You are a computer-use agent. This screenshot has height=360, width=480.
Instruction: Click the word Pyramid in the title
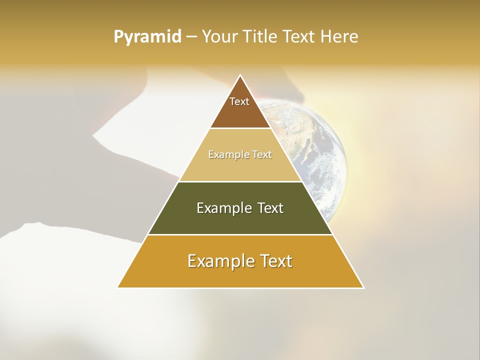pyautogui.click(x=147, y=37)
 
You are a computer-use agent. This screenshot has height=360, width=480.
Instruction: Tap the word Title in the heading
pyautogui.click(x=262, y=37)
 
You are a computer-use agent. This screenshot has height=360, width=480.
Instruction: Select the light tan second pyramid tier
pyautogui.click(x=240, y=167)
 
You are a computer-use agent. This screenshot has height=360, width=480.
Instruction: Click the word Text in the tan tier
pyautogui.click(x=262, y=154)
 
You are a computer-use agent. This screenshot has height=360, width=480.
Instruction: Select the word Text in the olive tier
pyautogui.click(x=270, y=208)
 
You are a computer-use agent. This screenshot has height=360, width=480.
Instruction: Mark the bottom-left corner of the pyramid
pyautogui.click(x=118, y=287)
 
